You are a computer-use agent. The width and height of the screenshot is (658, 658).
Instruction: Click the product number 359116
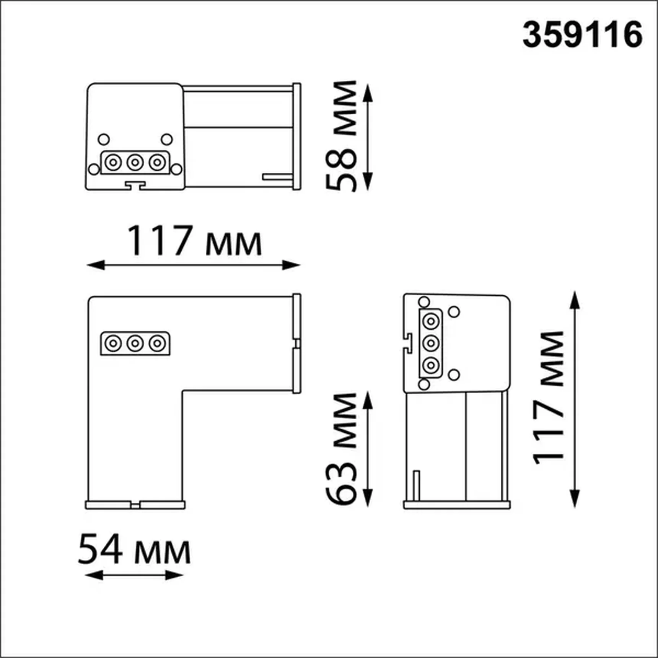coord(582,35)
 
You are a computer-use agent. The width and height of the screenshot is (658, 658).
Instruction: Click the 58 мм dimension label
coord(341,136)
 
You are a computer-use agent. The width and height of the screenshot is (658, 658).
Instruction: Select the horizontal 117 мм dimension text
coord(194,241)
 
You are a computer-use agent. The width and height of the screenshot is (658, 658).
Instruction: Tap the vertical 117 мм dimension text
coord(549,398)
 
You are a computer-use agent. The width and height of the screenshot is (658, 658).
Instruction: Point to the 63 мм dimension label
coord(341,448)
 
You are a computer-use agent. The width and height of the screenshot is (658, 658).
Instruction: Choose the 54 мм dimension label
coord(134,551)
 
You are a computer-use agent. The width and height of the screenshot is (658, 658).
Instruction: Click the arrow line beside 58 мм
coord(368,137)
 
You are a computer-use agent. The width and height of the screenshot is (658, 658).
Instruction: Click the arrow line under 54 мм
coord(134,575)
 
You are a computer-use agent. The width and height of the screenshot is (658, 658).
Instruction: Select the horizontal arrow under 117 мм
coord(193,265)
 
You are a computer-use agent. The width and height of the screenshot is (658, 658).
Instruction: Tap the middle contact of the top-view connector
coord(135,163)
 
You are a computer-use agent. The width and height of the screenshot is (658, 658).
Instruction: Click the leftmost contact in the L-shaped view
coord(113,343)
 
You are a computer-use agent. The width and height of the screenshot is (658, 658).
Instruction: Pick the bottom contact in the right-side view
coord(431,365)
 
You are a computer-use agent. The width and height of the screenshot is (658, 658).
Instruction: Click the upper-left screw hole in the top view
coord(104,139)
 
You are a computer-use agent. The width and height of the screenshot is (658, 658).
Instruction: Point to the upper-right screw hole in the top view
coord(167,139)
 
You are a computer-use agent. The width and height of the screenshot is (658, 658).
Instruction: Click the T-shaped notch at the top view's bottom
coord(135,186)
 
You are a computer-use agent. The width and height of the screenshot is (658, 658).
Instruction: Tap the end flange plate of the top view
coord(296,136)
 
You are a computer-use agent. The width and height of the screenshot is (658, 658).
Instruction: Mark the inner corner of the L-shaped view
coord(182,391)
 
